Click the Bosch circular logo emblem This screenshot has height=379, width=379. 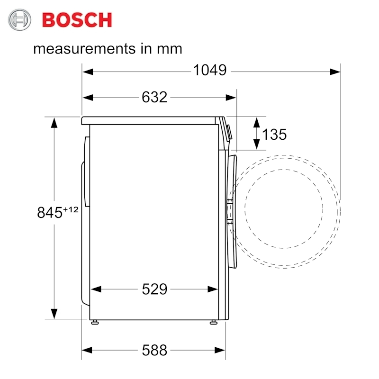[19, 19]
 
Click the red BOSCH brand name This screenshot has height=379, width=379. [77, 20]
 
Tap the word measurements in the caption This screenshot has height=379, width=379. [84, 49]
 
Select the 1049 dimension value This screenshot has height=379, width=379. [210, 70]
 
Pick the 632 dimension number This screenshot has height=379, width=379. [154, 97]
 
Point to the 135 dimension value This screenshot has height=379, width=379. [274, 135]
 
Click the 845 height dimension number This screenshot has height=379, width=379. [50, 213]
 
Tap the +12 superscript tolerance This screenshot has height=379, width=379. [71, 209]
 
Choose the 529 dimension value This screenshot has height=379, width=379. [154, 289]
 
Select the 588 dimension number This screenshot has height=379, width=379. [154, 350]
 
